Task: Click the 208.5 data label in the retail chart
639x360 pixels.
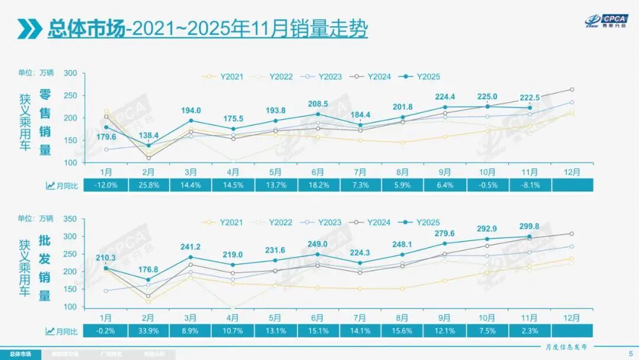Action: [318, 104]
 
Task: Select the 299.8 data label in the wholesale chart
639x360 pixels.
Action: [529, 226]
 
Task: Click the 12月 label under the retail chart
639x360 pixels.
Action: [572, 172]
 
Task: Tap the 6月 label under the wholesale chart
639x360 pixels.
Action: [318, 317]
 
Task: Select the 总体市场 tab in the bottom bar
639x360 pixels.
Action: [20, 354]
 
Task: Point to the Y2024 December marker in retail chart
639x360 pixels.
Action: [572, 89]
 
